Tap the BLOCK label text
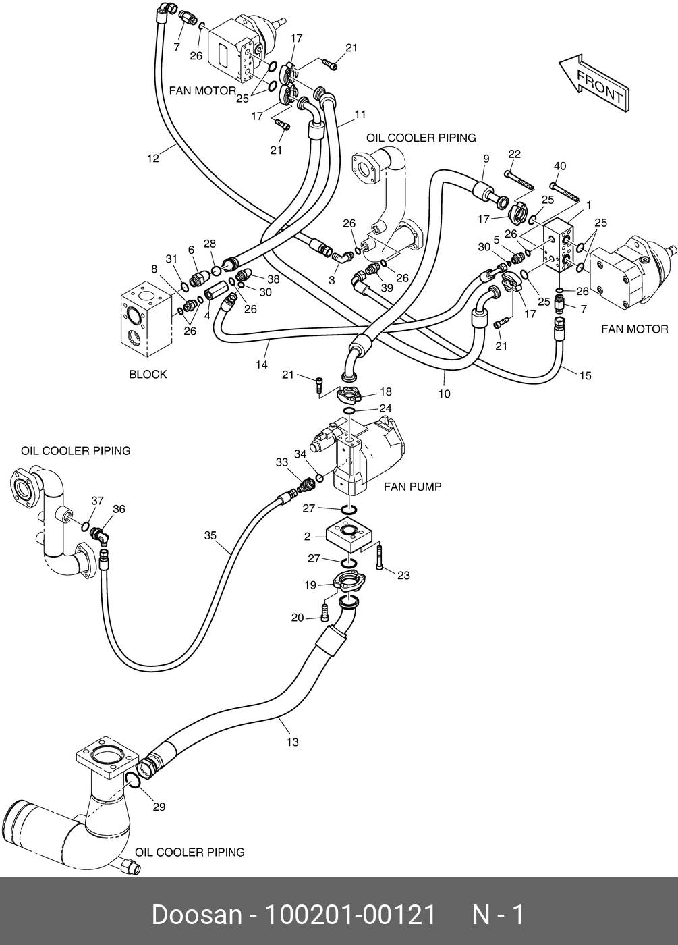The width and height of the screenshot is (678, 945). tap(148, 374)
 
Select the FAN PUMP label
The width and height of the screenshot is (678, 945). tap(412, 486)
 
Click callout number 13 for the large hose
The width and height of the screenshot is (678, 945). tap(292, 742)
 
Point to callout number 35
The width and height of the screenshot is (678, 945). tap(210, 535)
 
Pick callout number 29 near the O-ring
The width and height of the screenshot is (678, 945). tap(159, 806)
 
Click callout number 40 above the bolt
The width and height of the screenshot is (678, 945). tap(559, 167)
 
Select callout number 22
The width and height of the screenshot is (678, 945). tap(515, 154)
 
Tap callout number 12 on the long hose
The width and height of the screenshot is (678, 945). tap(154, 158)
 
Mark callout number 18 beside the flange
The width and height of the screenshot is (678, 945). tap(385, 391)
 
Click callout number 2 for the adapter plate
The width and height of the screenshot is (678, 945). tap(307, 537)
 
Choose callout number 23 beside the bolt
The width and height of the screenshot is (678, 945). tap(403, 576)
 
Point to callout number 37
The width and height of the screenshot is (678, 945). tap(98, 501)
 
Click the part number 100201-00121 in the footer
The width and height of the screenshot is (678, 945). tap(349, 915)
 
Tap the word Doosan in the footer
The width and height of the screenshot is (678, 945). tap(196, 915)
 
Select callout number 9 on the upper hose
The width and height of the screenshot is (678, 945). tap(485, 159)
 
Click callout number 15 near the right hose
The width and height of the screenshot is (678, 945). tap(585, 375)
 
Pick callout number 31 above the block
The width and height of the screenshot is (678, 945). tap(171, 259)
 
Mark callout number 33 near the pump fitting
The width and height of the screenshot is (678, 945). tap(282, 462)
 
